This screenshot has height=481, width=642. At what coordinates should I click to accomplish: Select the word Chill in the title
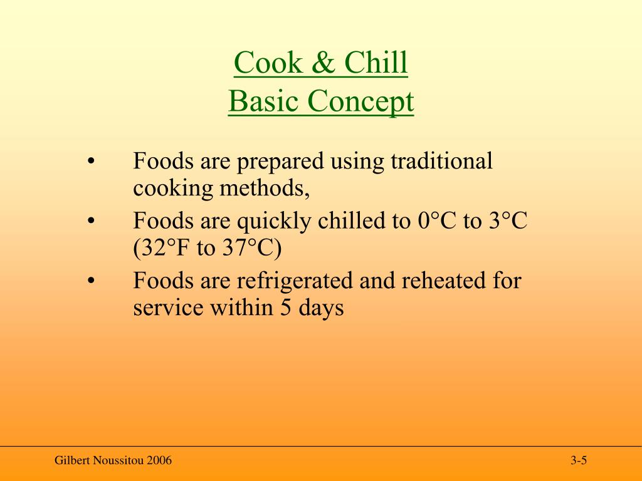pos(374,64)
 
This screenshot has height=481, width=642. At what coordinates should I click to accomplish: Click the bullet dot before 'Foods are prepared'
pos(92,162)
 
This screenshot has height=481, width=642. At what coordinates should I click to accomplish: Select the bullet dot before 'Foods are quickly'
pos(92,222)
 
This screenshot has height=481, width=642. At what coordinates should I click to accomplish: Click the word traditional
pos(441,162)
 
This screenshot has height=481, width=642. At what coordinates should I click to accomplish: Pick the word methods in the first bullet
pos(271,188)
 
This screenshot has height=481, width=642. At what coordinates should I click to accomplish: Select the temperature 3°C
pos(507,222)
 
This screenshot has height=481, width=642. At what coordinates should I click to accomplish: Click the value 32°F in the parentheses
pos(166,248)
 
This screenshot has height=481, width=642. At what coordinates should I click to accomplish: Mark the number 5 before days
pos(285,308)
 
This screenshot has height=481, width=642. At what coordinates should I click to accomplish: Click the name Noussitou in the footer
pos(117,462)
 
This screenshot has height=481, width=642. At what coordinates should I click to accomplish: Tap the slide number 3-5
pos(578,462)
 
